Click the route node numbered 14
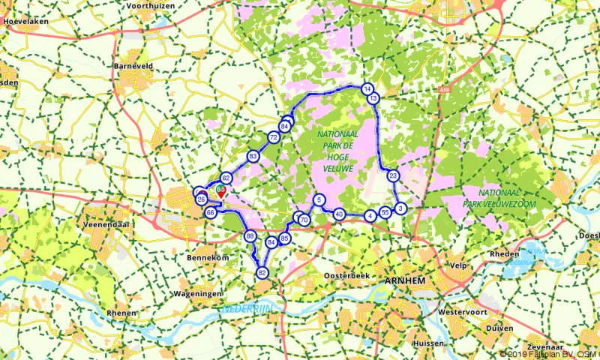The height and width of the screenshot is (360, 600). (x=367, y=88)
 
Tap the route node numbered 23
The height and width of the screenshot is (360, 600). (x=393, y=176)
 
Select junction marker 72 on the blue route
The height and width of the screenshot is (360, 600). (x=273, y=138)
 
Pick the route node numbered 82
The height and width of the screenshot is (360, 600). (x=262, y=273)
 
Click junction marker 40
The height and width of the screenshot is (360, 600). (x=339, y=214)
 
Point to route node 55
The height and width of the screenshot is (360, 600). (x=385, y=212)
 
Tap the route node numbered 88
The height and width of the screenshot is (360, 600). (x=250, y=236)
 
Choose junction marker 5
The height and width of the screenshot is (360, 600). (x=319, y=199)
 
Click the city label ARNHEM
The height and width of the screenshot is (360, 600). (x=404, y=280)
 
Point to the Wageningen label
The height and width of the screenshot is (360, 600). (x=197, y=293)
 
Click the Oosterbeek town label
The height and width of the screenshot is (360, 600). (x=348, y=276)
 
